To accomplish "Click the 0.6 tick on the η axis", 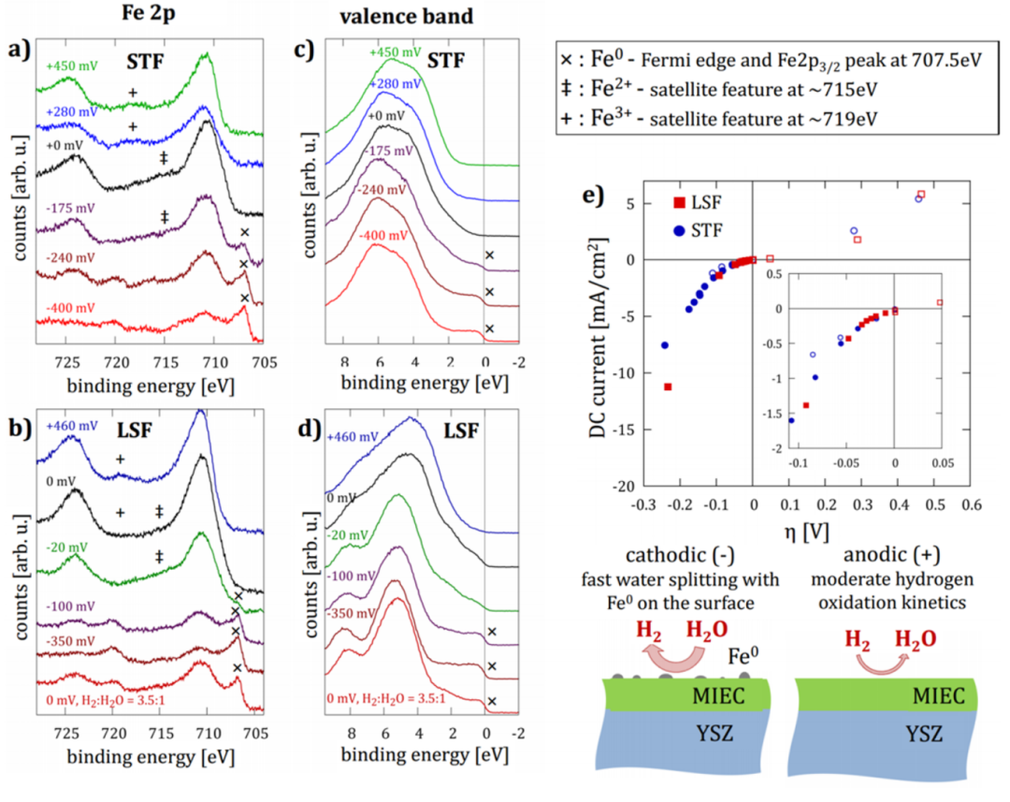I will (972, 505).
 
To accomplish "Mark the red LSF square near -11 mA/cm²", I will (668, 386).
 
